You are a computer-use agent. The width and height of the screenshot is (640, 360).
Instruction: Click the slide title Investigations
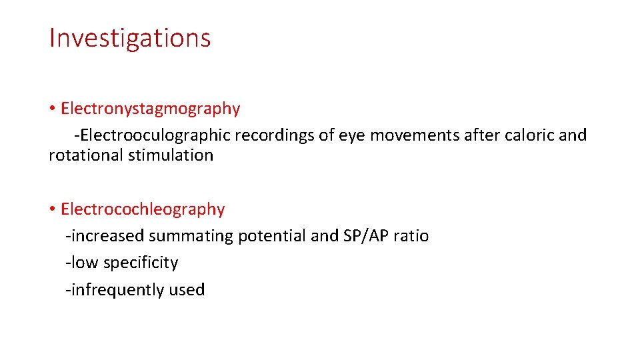pos(130,39)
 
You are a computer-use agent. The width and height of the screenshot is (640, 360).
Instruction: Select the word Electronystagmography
pos(150,109)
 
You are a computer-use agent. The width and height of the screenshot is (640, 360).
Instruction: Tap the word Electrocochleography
pos(143,209)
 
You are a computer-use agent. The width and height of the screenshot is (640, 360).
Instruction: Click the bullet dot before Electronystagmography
pos(51,109)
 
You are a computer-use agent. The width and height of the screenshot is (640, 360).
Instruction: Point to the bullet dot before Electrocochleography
pos(51,209)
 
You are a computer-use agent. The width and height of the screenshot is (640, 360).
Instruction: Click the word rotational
pos(85,156)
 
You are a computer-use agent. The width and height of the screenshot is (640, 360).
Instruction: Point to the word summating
pos(191,236)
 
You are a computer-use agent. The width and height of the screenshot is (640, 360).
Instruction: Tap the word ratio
pos(413,236)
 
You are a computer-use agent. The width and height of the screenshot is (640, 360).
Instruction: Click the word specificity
pos(140,263)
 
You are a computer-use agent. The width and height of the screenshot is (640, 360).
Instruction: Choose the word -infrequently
pos(114,290)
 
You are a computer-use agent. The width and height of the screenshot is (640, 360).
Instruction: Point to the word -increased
pos(105,236)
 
